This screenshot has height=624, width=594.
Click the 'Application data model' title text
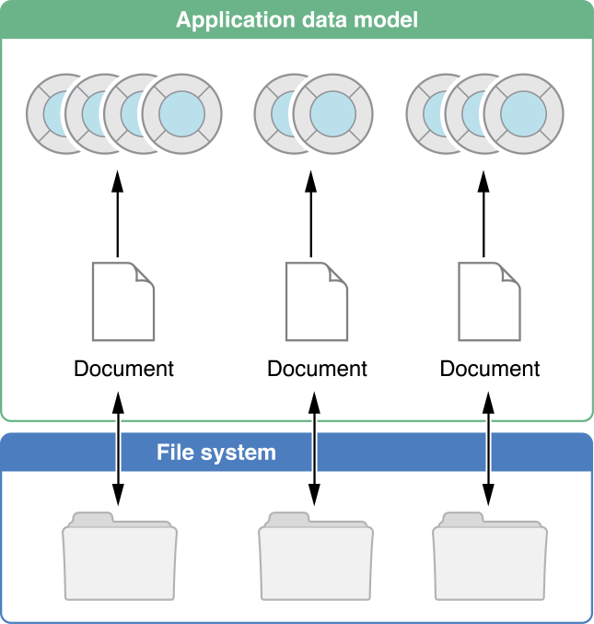click(x=297, y=20)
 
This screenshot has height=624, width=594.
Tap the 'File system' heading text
click(x=216, y=453)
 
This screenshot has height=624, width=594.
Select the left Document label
click(x=123, y=369)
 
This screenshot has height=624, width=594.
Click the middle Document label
click(x=317, y=369)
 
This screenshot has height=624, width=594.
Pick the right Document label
click(x=490, y=369)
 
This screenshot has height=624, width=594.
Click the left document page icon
click(x=123, y=301)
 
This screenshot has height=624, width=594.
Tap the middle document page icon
click(x=317, y=301)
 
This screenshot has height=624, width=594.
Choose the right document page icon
click(x=489, y=301)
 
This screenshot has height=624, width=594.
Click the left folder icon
click(x=120, y=556)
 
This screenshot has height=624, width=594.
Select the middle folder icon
click(x=316, y=556)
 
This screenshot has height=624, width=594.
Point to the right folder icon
click(x=490, y=556)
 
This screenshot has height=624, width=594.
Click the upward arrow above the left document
click(x=117, y=214)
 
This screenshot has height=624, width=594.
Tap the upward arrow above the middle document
click(x=311, y=214)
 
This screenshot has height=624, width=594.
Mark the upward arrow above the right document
click(x=483, y=214)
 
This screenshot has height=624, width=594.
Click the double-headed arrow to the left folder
click(x=118, y=449)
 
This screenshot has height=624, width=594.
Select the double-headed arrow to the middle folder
click(x=314, y=449)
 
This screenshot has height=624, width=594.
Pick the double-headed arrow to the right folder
click(x=488, y=449)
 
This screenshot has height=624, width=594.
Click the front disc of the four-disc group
click(x=181, y=113)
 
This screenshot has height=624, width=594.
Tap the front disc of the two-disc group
click(x=332, y=113)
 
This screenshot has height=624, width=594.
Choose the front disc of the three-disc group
click(x=523, y=113)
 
